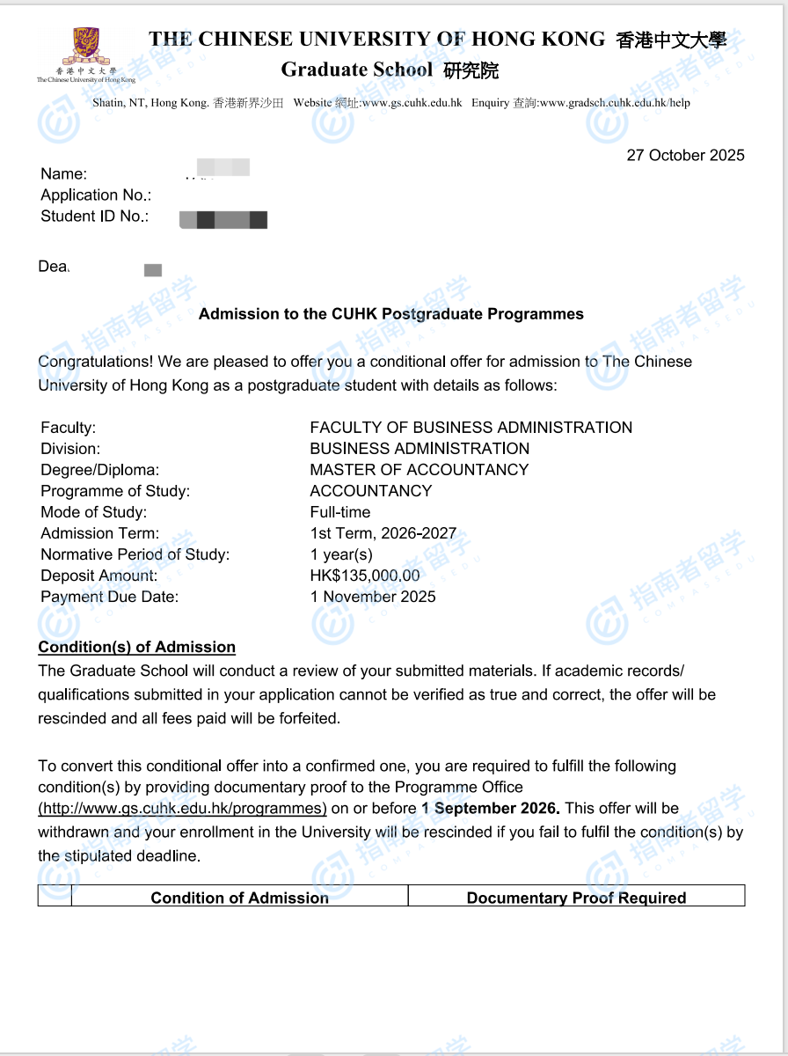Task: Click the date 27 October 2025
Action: coord(685,156)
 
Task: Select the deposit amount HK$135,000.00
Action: coord(365,576)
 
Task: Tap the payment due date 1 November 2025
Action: coord(373,597)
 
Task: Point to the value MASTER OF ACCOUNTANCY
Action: coord(420,470)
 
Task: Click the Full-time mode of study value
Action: coord(340,512)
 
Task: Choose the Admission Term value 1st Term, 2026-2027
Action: coord(383,533)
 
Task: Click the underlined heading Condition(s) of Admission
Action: coord(136,648)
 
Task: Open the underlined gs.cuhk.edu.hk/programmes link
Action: coord(182,809)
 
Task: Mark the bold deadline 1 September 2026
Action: coord(490,809)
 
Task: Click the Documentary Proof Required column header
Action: coord(576,898)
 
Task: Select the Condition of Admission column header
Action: coord(239,898)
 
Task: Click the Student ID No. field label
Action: coord(95,216)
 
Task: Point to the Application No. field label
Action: coord(96,195)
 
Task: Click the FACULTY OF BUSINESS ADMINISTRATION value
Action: coord(471,428)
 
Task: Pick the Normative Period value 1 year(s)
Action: coord(341,554)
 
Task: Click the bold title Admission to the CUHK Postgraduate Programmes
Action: coord(391,314)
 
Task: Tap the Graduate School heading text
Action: coord(357,70)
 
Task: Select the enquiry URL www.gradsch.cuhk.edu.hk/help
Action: coord(614,103)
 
